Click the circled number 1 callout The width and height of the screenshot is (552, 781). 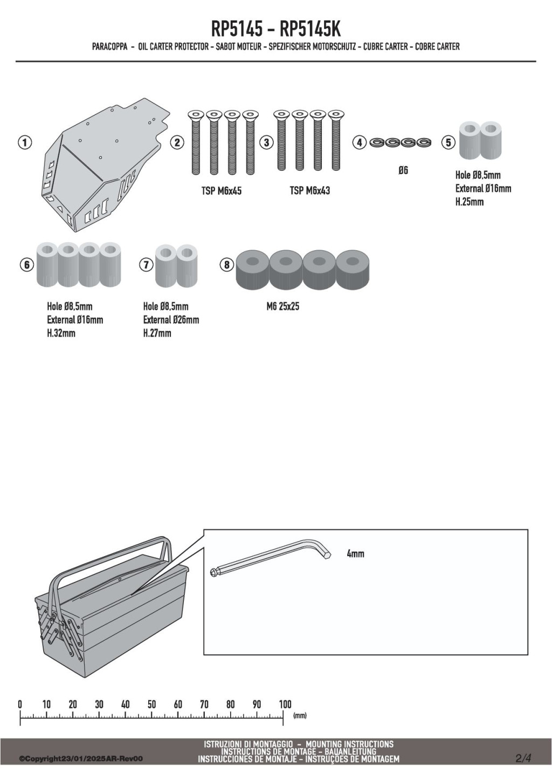pos(25,142)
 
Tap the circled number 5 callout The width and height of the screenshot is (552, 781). pos(448,142)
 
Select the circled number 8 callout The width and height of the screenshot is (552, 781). pos(227,265)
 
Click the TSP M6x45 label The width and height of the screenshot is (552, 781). pos(222,191)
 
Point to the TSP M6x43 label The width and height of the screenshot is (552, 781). pos(310,191)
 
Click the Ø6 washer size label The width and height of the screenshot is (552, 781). pos(403,170)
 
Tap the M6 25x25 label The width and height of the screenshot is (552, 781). pos(283,306)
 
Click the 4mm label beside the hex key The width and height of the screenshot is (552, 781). pos(355,554)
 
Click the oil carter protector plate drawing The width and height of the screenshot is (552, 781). pos(105,164)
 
